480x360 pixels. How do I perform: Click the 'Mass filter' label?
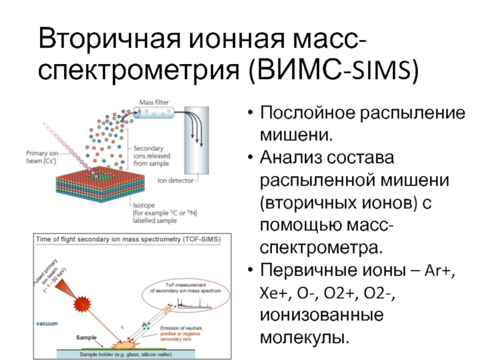coord(154,103)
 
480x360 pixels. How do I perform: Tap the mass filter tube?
coord(154,115)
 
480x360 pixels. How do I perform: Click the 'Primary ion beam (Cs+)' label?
coord(43,157)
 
